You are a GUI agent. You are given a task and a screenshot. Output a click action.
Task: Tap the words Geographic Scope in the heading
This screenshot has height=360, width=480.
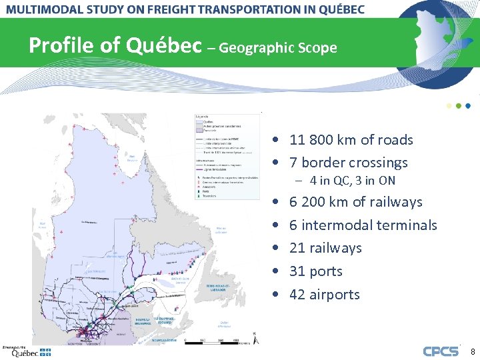277,48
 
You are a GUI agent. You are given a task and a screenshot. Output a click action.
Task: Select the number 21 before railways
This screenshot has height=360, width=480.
297,248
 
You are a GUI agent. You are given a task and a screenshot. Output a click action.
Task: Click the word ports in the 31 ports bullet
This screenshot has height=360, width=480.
326,271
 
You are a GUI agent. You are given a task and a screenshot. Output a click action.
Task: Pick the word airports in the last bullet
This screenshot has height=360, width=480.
334,295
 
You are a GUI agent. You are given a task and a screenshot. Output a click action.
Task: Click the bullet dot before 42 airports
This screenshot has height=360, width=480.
275,295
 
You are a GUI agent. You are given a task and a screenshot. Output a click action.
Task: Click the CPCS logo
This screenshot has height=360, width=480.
441,351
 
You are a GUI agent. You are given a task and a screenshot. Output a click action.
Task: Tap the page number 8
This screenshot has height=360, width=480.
473,351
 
